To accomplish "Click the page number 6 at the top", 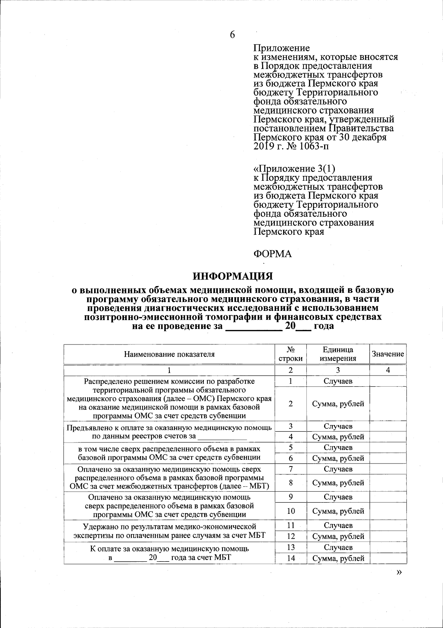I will click(x=232, y=35).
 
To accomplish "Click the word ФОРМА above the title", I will click(x=272, y=254).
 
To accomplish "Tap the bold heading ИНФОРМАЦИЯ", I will click(x=233, y=276).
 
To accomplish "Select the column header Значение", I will click(x=388, y=354).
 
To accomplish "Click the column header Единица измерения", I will click(x=338, y=354).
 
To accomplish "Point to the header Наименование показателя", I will click(x=169, y=354).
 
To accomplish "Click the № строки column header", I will click(x=291, y=354).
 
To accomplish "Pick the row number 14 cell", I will click(x=291, y=559).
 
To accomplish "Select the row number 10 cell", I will click(x=291, y=511).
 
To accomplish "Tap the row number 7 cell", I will click(x=291, y=469).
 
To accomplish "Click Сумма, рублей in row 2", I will click(x=338, y=404).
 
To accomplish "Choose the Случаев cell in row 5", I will click(x=338, y=448).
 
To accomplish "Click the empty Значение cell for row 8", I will click(x=388, y=483).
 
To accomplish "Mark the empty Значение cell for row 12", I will click(x=388, y=536).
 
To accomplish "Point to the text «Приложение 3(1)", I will click(x=294, y=169).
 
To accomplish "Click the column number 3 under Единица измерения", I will click(x=338, y=370).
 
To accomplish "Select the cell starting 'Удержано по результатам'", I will click(x=169, y=531).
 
